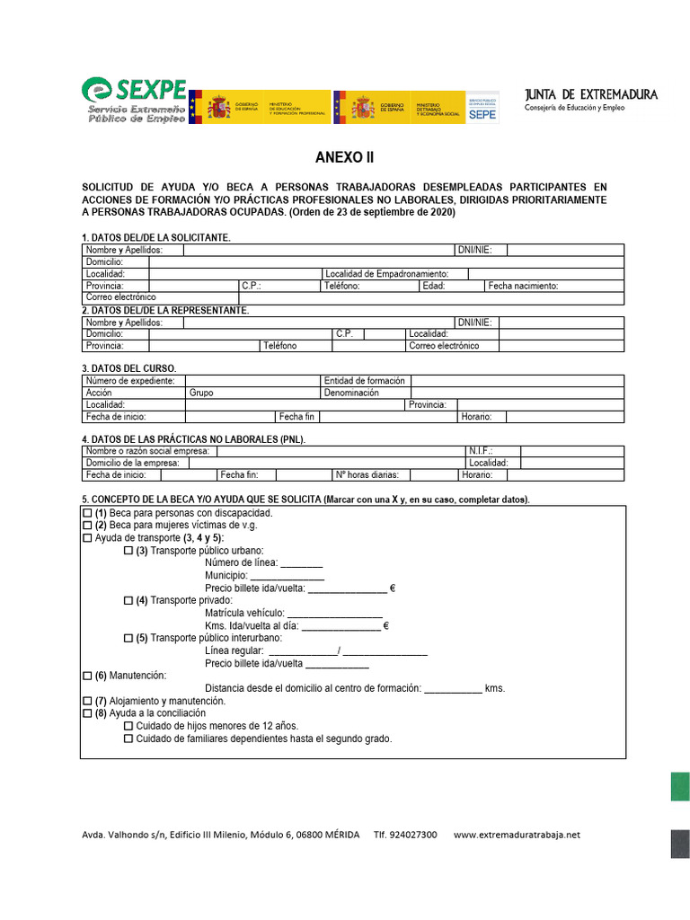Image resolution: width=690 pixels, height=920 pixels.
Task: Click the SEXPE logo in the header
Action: pyautogui.click(x=135, y=99)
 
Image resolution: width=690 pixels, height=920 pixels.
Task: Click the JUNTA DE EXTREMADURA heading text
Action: pyautogui.click(x=590, y=94)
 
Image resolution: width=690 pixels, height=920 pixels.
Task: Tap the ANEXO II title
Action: pyautogui.click(x=344, y=158)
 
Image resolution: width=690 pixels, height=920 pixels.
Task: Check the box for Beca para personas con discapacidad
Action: pyautogui.click(x=87, y=512)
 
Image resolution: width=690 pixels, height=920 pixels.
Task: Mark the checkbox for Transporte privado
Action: pyautogui.click(x=128, y=600)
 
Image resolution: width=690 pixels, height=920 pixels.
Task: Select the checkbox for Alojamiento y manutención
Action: pyautogui.click(x=87, y=701)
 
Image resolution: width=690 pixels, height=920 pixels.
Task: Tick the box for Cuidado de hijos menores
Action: pyautogui.click(x=128, y=726)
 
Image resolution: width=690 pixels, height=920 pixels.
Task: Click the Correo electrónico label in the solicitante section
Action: pyautogui.click(x=120, y=296)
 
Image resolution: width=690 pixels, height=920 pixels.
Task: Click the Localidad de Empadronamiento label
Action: pyautogui.click(x=386, y=274)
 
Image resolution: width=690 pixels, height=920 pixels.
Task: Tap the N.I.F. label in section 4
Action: pyautogui.click(x=481, y=451)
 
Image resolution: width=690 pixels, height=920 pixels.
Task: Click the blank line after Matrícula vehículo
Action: pyautogui.click(x=334, y=615)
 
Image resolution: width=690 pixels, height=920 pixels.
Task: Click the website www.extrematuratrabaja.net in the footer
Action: pyautogui.click(x=517, y=835)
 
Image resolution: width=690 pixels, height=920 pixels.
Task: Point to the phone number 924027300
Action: pyautogui.click(x=412, y=835)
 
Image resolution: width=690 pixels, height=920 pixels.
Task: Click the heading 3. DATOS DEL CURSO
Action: pyautogui.click(x=129, y=368)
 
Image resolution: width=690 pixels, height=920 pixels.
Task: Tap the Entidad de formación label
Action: pyautogui.click(x=365, y=381)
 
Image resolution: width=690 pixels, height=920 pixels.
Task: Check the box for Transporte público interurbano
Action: pyautogui.click(x=128, y=638)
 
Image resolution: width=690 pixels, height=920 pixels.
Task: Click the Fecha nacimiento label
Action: pyautogui.click(x=524, y=286)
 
